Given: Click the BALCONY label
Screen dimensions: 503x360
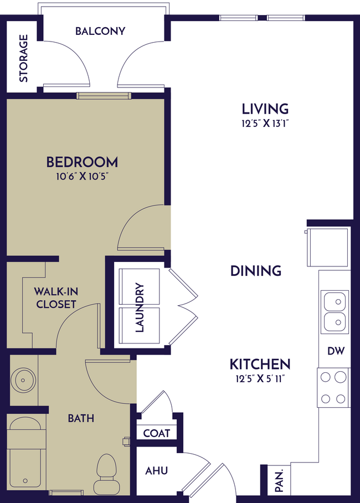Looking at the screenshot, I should click(x=100, y=31).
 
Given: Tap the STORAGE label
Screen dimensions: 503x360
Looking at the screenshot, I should click(x=24, y=58).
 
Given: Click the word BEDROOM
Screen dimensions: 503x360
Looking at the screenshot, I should click(x=82, y=162).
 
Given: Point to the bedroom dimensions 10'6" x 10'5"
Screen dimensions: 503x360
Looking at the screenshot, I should click(x=82, y=178).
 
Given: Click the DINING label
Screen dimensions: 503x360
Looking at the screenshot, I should click(x=256, y=271).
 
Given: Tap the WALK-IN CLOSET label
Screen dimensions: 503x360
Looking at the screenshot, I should click(x=56, y=297).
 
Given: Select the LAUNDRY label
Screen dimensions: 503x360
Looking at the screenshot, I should click(x=139, y=308).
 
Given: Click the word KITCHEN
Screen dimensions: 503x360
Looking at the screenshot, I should click(x=260, y=365).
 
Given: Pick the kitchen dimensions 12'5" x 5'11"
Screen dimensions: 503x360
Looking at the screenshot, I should click(x=260, y=379).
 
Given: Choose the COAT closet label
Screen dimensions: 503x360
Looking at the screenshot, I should click(x=156, y=433).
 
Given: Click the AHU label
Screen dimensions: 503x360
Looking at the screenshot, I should click(x=156, y=471).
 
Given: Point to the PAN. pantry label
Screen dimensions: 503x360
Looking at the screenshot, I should click(x=279, y=480).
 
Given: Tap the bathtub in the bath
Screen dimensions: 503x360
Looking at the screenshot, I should click(x=25, y=454).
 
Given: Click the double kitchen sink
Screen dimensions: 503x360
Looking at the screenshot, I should click(x=335, y=311).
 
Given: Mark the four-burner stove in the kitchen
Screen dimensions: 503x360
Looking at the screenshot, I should click(x=333, y=388).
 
